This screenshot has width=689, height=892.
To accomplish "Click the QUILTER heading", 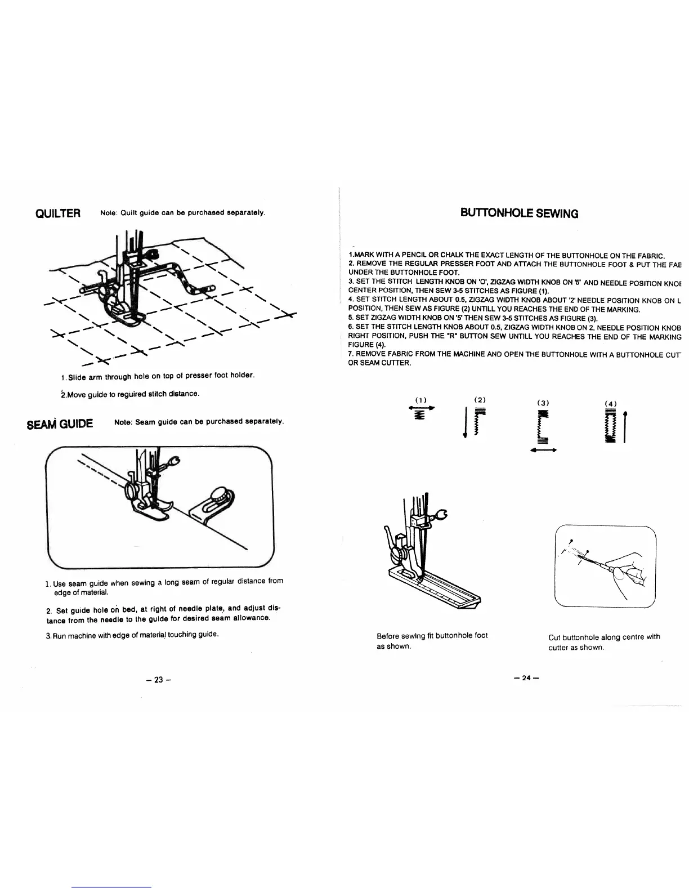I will pos(59,213).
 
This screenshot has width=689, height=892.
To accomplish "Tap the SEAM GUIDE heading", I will pos(60,423).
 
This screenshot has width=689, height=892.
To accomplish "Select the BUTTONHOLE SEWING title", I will pos(519,213).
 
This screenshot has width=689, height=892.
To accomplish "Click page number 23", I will pos(158,680).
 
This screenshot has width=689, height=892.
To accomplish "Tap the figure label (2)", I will pos(480,399).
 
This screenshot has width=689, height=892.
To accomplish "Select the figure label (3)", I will pos(543,403).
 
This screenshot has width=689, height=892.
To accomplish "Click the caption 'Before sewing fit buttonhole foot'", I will pos(432,636).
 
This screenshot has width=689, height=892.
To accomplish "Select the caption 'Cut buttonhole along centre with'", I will pos(604,637).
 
